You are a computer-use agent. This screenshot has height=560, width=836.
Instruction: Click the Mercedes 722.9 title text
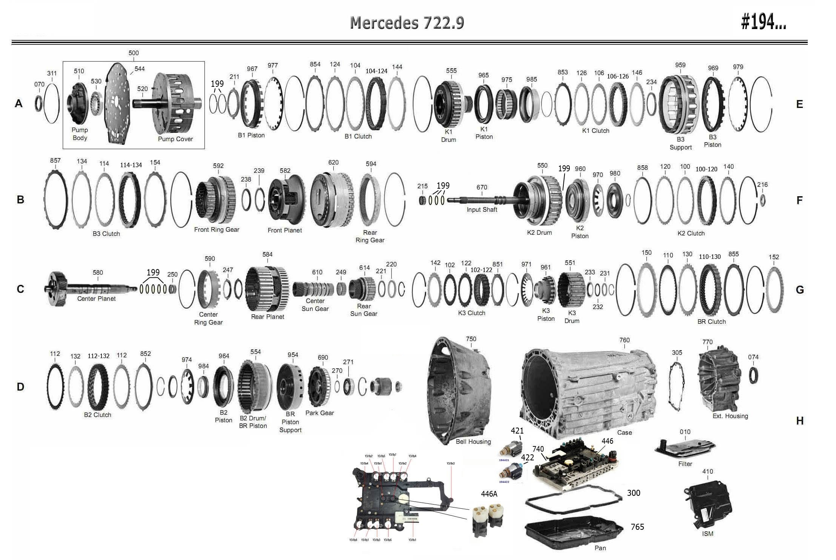407,23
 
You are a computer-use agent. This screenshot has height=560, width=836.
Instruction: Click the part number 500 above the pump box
133,53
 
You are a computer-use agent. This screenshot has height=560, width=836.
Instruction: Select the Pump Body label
80,134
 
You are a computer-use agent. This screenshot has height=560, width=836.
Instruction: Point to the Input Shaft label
482,210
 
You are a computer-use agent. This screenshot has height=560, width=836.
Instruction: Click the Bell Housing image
458,389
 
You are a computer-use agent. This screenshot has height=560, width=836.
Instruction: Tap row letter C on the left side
20,289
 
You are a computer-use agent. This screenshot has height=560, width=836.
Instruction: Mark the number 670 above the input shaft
482,188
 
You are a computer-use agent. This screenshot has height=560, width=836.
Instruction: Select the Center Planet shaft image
91,289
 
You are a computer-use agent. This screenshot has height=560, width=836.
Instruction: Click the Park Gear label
319,413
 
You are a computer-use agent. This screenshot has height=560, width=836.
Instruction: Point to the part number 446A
489,494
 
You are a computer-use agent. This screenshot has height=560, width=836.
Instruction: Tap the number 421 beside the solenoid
517,431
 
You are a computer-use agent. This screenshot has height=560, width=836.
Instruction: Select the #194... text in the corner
763,23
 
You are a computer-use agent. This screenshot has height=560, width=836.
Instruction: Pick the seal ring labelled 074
753,375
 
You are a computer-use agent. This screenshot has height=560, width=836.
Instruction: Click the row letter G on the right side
799,290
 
